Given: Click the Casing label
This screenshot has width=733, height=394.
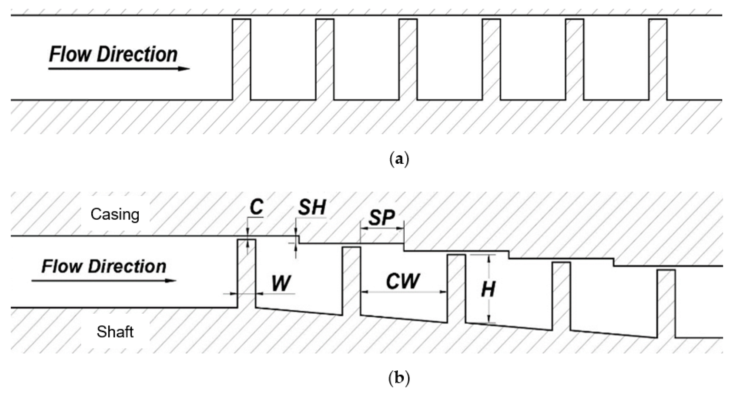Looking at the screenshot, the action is click(115, 215).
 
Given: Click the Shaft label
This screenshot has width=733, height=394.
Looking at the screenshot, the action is click(115, 332).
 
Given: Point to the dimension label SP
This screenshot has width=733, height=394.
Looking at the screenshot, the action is click(382, 218).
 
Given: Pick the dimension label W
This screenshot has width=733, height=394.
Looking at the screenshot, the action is click(281, 284).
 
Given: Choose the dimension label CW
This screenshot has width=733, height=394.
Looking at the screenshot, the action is click(403, 281).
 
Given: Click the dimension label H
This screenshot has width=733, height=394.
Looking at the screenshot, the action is click(488, 289).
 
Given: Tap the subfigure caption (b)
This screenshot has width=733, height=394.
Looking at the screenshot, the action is click(399, 379).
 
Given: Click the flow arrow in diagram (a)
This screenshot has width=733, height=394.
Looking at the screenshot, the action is click(119, 69).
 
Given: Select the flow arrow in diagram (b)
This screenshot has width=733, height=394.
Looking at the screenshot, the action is click(104, 281).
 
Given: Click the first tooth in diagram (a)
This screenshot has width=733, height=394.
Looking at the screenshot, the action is click(242, 60).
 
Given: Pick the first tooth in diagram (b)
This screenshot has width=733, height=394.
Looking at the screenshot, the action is click(247, 273).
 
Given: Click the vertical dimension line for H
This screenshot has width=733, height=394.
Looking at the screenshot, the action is click(489, 289).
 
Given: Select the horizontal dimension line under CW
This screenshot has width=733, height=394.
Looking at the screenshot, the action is click(404, 292).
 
